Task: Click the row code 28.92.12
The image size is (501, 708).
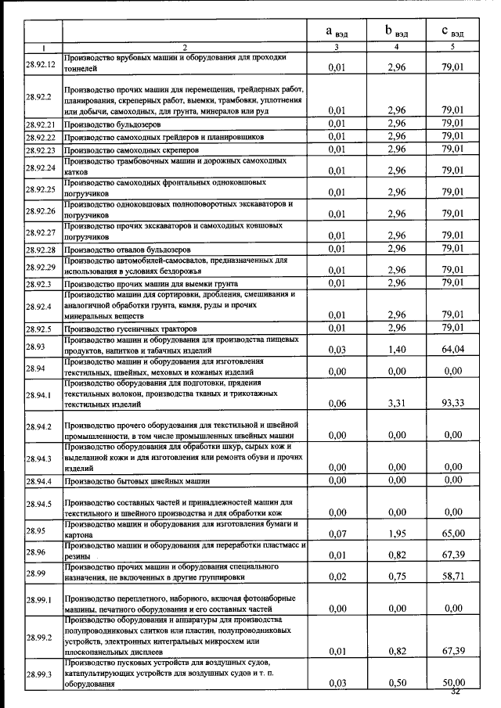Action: [39, 63]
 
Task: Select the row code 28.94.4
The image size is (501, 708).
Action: [38, 480]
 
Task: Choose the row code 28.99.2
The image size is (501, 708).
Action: [38, 638]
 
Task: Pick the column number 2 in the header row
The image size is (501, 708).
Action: [185, 47]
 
